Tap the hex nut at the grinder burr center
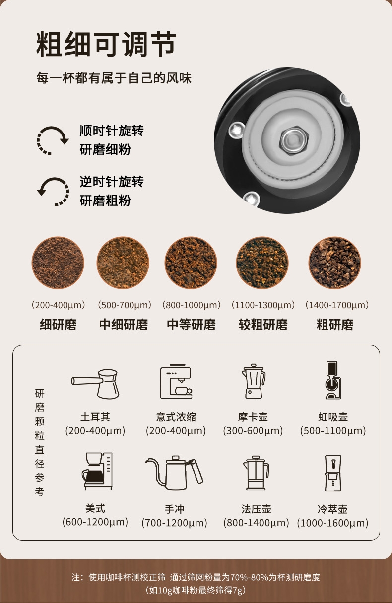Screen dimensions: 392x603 294,140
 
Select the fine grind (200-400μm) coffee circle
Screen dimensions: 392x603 58,263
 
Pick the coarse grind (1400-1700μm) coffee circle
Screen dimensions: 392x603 334,263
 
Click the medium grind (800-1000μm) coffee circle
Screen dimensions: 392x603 191,263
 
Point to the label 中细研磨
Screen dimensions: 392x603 124,324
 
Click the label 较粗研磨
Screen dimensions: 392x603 263,324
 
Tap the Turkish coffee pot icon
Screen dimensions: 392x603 95,384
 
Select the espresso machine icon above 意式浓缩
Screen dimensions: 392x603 176,381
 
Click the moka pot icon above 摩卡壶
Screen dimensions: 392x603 254,381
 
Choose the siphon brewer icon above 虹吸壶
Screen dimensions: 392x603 333,380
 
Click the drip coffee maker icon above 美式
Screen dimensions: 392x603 97,471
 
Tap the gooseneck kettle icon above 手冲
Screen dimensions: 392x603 175,472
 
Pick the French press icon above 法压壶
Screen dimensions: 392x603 256,472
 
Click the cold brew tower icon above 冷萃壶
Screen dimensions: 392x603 333,473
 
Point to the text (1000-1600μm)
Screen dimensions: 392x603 333,523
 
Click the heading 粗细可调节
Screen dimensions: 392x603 106,44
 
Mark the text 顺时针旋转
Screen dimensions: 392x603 112,131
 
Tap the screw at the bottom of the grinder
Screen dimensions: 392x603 251,199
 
